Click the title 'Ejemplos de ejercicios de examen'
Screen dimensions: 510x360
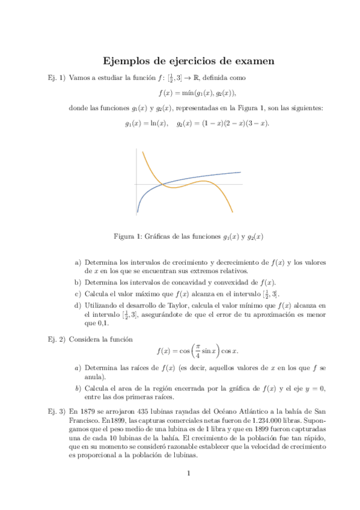tap(189, 61)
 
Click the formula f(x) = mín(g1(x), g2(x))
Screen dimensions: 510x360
tap(197, 93)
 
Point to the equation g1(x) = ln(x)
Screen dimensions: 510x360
tap(147, 123)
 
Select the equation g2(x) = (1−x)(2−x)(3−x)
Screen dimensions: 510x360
tap(223, 123)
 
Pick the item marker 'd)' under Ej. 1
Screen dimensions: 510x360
tap(78, 305)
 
